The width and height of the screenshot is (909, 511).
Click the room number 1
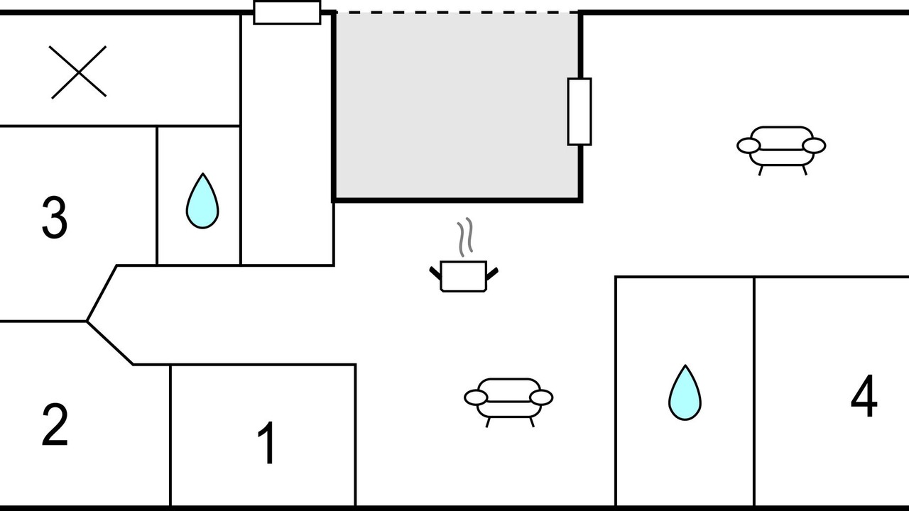(267, 442)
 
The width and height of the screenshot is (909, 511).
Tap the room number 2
(55, 424)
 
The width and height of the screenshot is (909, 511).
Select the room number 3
(55, 217)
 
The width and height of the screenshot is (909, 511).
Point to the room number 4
(864, 395)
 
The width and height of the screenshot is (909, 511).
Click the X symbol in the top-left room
(78, 72)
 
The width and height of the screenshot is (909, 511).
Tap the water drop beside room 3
(202, 201)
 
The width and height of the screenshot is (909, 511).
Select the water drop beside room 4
(685, 392)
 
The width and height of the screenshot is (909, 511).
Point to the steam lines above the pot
(465, 237)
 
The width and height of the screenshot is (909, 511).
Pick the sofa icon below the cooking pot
(508, 402)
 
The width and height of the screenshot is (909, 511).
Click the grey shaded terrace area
(457, 106)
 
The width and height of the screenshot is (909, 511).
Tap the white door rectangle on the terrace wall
(579, 111)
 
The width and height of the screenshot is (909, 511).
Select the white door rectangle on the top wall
(288, 13)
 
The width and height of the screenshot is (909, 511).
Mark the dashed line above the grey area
(457, 13)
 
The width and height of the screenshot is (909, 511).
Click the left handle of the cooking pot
(435, 273)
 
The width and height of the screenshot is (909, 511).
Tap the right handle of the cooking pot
(492, 273)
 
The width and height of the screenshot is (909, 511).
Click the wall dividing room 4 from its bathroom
(754, 391)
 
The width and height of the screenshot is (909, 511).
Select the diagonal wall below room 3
(102, 293)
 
